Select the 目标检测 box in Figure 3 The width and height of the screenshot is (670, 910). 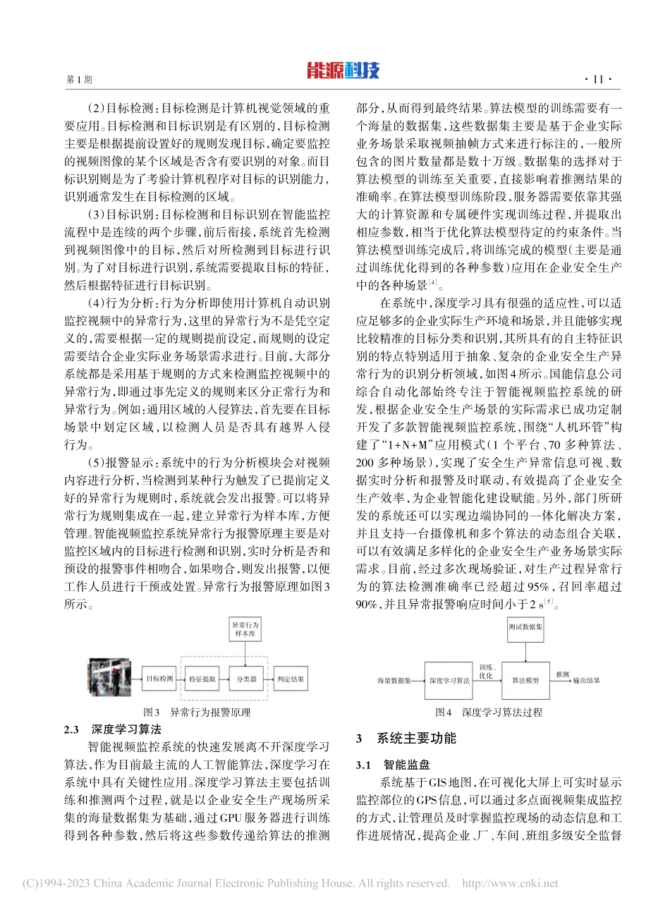coord(160,679)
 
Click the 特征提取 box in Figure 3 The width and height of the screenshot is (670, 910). coord(202,679)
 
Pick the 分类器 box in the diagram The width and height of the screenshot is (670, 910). coord(246,679)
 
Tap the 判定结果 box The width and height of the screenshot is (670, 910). coord(291,679)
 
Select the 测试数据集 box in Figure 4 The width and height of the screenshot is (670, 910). coord(525,627)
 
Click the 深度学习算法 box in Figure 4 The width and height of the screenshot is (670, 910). coord(449,680)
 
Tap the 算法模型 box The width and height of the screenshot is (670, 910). coord(525,680)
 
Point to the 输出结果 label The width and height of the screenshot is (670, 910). coord(586,681)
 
